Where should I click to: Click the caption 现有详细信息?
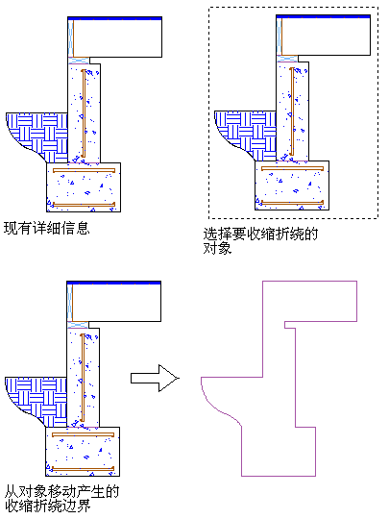pos(47,228)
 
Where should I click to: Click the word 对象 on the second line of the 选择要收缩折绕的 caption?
pos(217,248)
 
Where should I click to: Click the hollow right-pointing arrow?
pos(155,378)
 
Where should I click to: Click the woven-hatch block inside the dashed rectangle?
pos(248,134)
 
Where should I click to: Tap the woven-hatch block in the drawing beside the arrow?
pos(38,400)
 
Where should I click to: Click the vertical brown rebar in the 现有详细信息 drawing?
pos(84,113)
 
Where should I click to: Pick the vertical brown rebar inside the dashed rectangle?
pos(292,111)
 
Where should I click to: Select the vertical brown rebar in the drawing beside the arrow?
pos(83,378)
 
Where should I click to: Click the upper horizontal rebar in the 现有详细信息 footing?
pos(84,170)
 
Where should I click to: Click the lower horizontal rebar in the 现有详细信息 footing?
pos(84,205)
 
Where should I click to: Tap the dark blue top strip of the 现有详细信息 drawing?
pos(115,18)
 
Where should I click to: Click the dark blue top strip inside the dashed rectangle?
pos(323,16)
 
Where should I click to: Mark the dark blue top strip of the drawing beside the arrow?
pos(113,283)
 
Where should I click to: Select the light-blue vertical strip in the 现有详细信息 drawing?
pos(70,38)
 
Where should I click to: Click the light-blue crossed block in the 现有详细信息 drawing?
pos(79,61)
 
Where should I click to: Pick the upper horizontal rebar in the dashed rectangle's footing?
pos(292,169)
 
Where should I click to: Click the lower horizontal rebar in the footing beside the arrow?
pos(83,469)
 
